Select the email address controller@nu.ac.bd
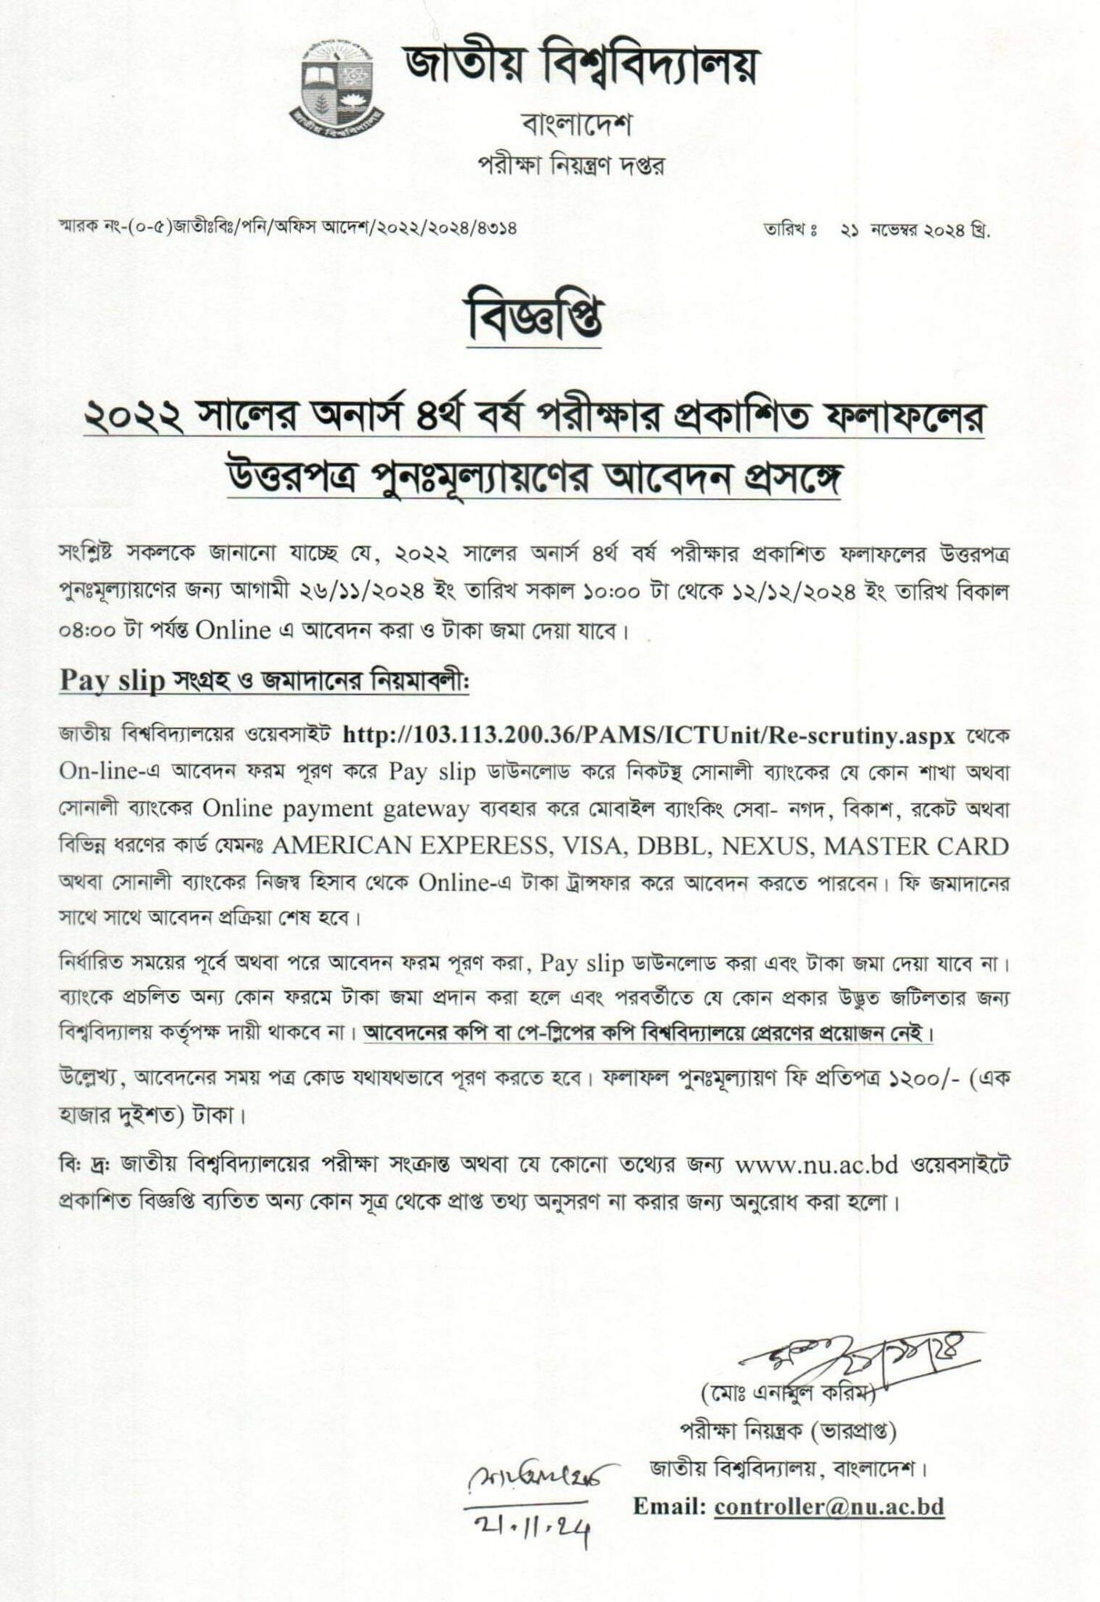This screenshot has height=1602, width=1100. pos(829,1507)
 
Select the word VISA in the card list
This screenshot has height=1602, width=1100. pos(589,846)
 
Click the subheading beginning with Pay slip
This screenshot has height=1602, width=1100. pos(264,681)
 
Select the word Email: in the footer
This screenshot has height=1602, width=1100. pos(669,1507)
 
